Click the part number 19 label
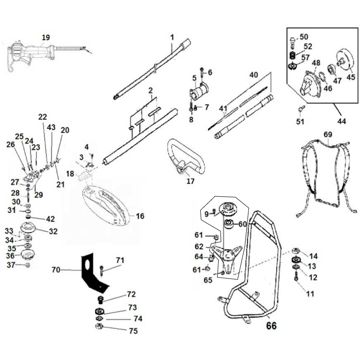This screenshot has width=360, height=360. coord(45,37)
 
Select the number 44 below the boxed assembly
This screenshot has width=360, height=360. coord(342,122)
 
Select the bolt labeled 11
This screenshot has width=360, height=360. coord(296,280)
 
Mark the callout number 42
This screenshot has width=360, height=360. coord(49,219)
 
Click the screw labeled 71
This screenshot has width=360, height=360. coord(103,270)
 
